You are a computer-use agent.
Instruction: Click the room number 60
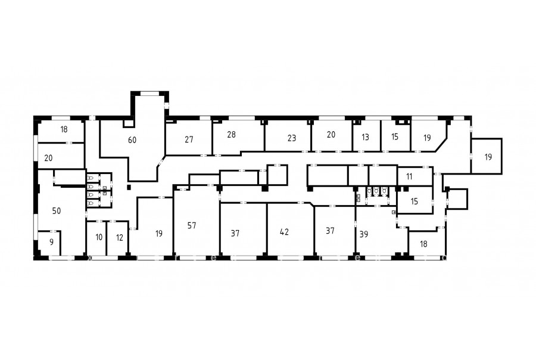tap(132, 140)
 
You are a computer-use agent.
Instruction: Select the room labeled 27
tap(189, 139)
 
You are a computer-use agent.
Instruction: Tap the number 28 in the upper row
tap(232, 135)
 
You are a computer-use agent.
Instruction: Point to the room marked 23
tap(292, 138)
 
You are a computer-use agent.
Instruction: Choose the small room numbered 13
tap(365, 137)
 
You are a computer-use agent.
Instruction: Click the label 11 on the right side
tap(409, 176)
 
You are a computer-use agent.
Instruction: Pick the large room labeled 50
tap(57, 211)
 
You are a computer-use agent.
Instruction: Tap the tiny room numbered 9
tap(52, 242)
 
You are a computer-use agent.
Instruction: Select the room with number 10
tap(99, 237)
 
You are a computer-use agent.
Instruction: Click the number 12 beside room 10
tap(119, 237)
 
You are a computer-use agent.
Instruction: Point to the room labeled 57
tap(192, 225)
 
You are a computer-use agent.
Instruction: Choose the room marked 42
tap(284, 232)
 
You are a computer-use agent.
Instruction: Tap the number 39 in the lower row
tap(364, 234)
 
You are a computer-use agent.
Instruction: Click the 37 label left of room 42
tap(235, 234)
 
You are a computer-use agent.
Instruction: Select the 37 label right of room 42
tap(330, 231)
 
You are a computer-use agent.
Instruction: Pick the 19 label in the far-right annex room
tap(488, 157)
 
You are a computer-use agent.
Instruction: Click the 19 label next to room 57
tap(158, 234)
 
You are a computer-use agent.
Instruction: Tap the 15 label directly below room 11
tap(415, 201)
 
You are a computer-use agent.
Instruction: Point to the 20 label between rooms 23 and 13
tap(331, 135)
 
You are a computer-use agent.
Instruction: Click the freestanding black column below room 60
tap(129, 187)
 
